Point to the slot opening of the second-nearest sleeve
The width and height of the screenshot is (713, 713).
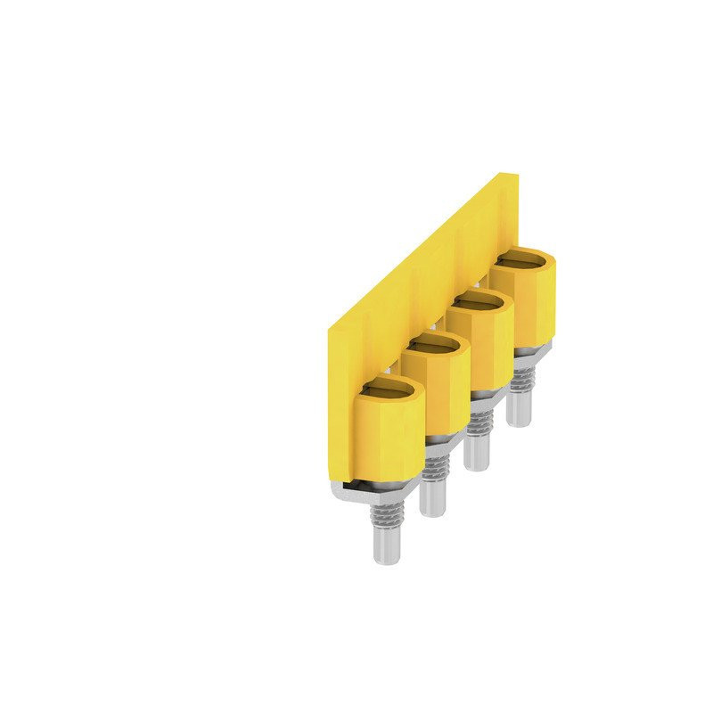[434, 347]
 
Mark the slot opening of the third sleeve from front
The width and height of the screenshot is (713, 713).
[481, 304]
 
